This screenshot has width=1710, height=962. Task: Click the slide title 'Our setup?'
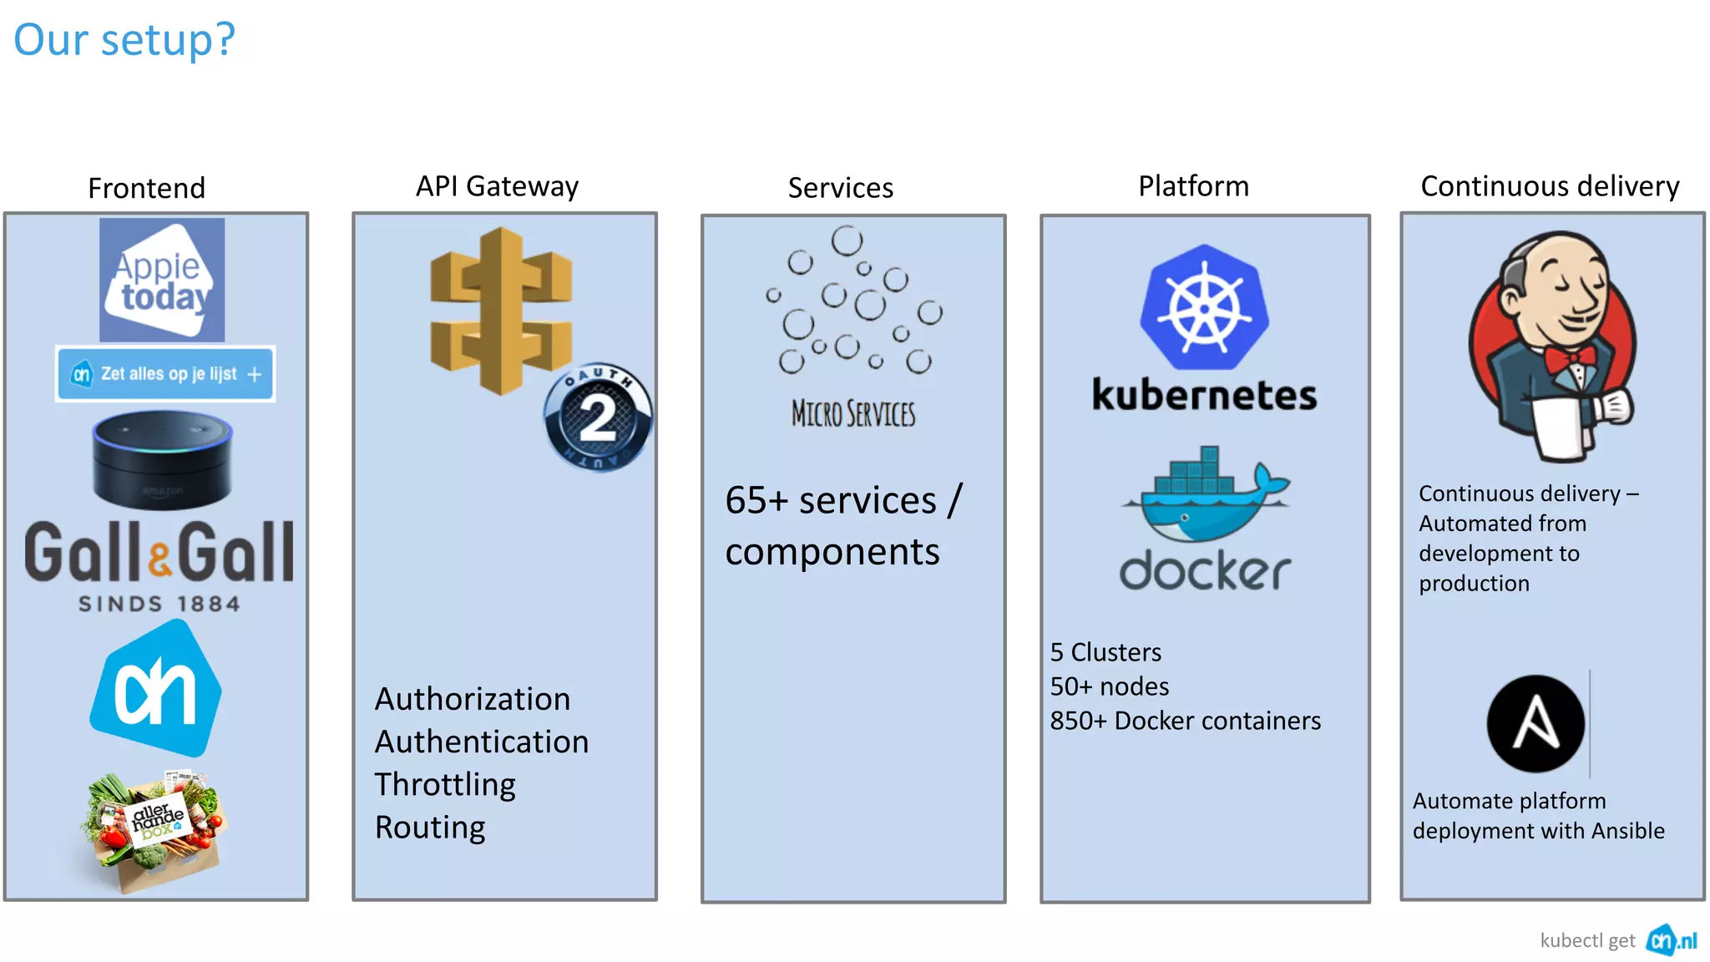click(x=124, y=39)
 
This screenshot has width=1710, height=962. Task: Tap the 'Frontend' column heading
click(x=146, y=188)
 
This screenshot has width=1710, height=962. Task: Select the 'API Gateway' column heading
click(x=497, y=186)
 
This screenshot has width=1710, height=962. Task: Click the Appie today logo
click(x=162, y=280)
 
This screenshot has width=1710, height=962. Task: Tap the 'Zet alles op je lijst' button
click(x=165, y=374)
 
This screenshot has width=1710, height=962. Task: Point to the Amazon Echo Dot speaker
click(x=162, y=458)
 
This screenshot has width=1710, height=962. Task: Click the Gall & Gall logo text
click(x=159, y=552)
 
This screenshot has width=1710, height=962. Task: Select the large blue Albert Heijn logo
click(x=156, y=690)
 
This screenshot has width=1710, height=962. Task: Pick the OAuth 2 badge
click(x=597, y=417)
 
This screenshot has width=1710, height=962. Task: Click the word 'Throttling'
click(x=445, y=784)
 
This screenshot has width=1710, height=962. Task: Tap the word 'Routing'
click(x=430, y=827)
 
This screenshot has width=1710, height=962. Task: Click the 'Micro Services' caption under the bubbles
click(x=852, y=413)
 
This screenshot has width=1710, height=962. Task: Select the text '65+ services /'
click(x=843, y=500)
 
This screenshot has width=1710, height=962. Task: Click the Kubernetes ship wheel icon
click(x=1204, y=307)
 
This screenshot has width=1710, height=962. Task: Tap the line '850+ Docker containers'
click(x=1185, y=721)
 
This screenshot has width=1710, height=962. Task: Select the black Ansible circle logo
click(x=1535, y=723)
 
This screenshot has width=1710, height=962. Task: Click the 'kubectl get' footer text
click(x=1587, y=940)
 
